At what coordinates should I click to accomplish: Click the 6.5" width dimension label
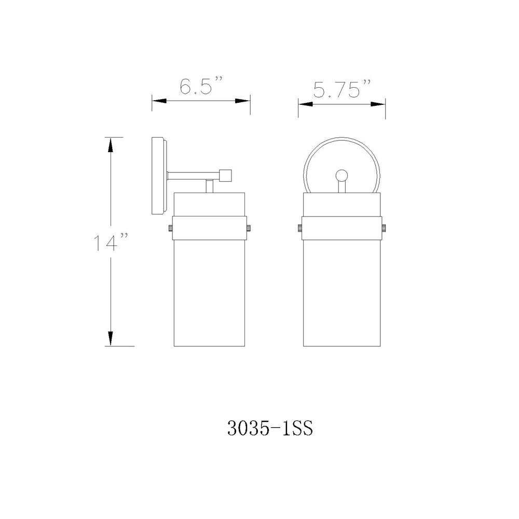click(200, 86)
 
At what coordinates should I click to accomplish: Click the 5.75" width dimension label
click(342, 89)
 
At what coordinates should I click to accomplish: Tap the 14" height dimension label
click(111, 242)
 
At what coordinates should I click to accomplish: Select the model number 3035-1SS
click(270, 429)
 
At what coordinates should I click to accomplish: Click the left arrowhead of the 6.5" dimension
click(159, 101)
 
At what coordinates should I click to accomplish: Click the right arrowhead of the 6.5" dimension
click(242, 101)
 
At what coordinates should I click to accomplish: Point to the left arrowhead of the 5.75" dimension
click(306, 104)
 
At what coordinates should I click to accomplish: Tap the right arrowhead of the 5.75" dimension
click(378, 104)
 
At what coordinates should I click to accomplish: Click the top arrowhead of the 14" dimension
click(111, 144)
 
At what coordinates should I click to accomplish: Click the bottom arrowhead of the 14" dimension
click(111, 338)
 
